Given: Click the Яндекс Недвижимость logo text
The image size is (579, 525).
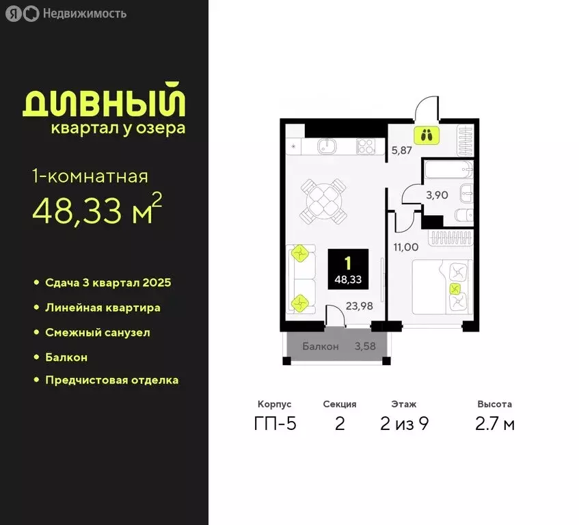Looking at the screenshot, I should [84, 14].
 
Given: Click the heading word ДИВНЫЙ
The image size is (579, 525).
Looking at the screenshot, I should [104, 103].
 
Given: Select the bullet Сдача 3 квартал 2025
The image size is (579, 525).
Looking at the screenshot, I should [107, 282].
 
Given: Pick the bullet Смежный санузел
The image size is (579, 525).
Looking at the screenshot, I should [97, 332].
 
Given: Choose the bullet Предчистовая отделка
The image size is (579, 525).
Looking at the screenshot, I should [111, 379].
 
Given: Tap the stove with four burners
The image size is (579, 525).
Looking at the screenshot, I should [366, 146].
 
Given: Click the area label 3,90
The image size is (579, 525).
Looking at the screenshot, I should [437, 196].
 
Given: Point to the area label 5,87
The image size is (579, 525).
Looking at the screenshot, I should [402, 151].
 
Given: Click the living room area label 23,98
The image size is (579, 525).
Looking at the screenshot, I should [359, 306].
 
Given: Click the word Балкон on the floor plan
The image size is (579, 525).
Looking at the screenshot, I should [320, 347].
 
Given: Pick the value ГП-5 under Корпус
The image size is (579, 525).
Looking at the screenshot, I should [275, 424].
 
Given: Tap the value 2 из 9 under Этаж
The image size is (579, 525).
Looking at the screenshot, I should [405, 424].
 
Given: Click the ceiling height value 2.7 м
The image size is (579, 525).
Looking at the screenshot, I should [495, 424].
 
